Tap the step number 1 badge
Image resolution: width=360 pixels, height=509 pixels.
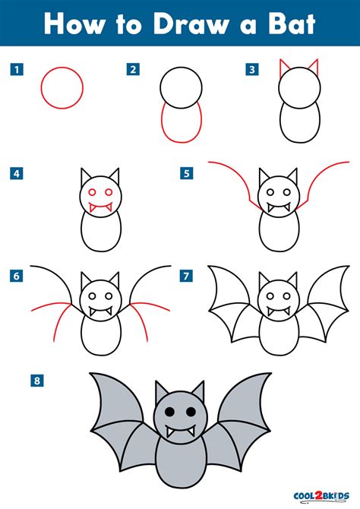point(14,70)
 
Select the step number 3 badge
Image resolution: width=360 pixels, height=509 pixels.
point(251,70)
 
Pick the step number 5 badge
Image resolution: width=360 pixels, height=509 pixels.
point(185,174)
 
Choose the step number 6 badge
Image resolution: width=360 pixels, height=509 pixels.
point(14,275)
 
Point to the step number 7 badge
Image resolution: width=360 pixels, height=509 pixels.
point(185,275)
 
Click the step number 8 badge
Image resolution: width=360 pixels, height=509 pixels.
point(35,378)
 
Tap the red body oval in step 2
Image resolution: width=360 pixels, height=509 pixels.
point(180,125)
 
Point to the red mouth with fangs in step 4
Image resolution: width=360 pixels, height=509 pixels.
point(101,206)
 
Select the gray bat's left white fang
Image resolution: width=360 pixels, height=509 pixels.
point(169,430)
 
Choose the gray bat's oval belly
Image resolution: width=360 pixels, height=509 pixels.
point(180,464)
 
